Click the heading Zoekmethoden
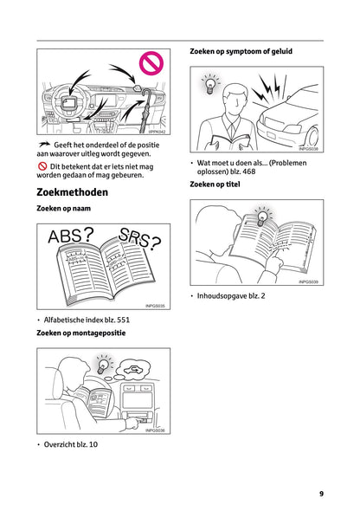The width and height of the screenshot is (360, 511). [x=72, y=191]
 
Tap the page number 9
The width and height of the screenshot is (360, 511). [x=320, y=494]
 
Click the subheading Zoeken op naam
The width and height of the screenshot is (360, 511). [x=64, y=210]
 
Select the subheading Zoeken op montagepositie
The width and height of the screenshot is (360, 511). [x=81, y=333]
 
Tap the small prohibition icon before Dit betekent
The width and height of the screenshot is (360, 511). [x=42, y=165]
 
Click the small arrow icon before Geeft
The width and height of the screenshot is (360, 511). [x=43, y=145]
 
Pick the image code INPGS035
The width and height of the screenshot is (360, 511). [x=155, y=306]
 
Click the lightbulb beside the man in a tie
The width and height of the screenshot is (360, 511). [x=209, y=85]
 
